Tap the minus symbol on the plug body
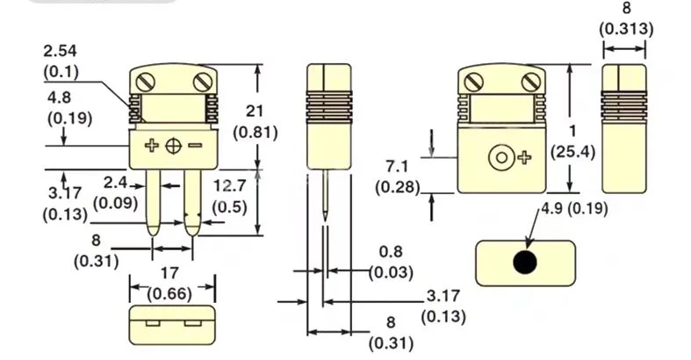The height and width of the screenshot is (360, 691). pos(194,145)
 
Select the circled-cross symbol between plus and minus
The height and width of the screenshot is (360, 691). pos(173,146)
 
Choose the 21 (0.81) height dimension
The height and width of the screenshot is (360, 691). pos(256,122)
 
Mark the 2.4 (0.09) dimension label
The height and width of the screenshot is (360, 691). pos(114,193)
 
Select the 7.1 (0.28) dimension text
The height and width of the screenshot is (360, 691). pos(397,176)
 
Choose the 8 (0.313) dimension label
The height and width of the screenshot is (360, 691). pos(626,19)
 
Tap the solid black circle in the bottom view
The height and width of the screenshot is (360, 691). pos(526,262)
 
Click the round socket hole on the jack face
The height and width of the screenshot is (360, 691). pos(501,158)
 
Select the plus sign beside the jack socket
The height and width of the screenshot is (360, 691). pos(524,158)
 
